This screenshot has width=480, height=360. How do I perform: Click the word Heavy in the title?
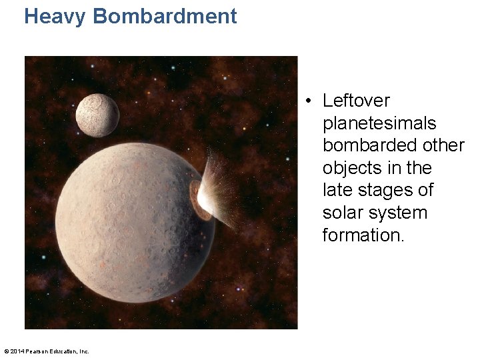[x=55, y=16]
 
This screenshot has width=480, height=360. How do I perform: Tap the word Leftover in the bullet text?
[x=356, y=101]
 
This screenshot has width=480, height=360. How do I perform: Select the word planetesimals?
[x=379, y=123]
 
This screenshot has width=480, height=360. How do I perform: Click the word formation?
[x=363, y=235]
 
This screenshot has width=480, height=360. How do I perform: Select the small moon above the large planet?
[x=97, y=115]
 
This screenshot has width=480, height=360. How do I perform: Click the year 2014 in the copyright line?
[x=19, y=351]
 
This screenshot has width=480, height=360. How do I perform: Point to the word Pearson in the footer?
[x=39, y=351]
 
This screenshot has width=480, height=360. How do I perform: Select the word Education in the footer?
[x=65, y=351]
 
